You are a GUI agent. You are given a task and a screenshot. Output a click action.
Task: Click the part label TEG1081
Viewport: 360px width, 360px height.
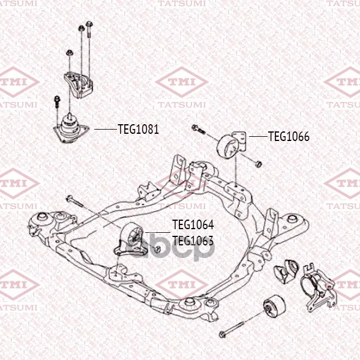coord(138,129)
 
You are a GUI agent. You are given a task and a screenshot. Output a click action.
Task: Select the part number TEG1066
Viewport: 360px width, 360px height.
coord(289,137)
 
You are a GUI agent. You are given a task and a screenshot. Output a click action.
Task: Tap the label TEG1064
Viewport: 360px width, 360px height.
coord(193,224)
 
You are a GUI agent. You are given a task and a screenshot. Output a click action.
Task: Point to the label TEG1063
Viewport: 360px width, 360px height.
coord(193,241)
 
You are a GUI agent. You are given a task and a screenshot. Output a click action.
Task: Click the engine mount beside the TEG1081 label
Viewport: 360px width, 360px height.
coord(70,128)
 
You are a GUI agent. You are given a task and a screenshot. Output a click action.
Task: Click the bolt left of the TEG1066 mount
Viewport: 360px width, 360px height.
coord(198,129)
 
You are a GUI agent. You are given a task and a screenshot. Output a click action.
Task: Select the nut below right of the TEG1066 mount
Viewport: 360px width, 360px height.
coord(259,164)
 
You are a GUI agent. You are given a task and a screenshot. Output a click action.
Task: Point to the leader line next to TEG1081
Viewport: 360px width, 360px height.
coord(106,129)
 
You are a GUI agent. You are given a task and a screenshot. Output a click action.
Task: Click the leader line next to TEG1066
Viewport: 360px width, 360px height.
coord(258,136)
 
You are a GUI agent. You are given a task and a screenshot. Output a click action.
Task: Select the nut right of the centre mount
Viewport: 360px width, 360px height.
coord(157,249)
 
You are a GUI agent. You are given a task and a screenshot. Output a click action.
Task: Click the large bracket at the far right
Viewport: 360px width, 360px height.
coord(318,287)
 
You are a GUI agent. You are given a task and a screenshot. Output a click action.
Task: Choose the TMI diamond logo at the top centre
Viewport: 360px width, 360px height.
coord(182,82)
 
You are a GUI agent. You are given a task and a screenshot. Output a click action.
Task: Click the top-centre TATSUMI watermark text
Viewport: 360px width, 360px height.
coord(182,4)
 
